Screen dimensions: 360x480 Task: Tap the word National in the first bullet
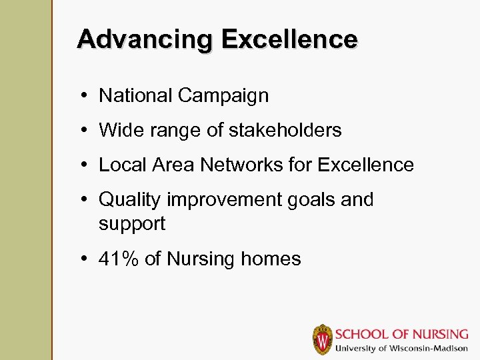click(136, 95)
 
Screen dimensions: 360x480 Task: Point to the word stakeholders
click(285, 130)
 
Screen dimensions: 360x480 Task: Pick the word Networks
click(235, 165)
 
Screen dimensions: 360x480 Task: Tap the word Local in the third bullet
click(121, 165)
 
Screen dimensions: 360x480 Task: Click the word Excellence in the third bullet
click(366, 165)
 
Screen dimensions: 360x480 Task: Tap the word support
click(132, 224)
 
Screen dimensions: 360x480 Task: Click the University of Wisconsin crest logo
click(323, 339)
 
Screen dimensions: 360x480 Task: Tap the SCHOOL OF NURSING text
click(401, 333)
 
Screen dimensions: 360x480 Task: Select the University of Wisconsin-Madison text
click(401, 349)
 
